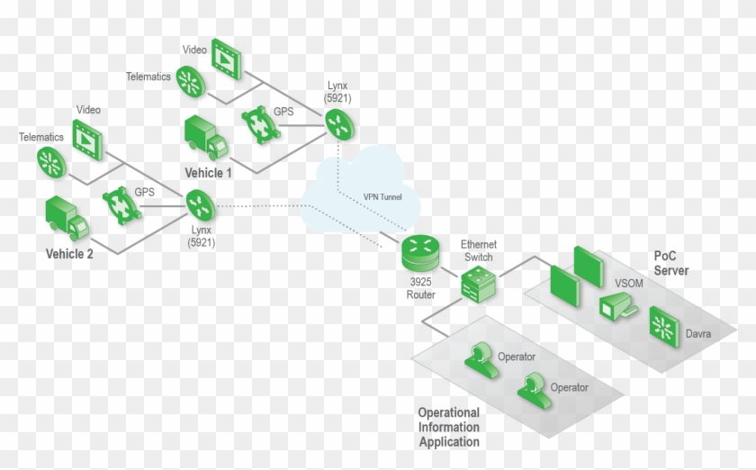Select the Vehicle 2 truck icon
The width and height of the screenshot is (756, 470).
pos(67,217)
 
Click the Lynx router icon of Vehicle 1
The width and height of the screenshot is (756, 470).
pos(336,122)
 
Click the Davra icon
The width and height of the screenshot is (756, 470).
pos(666,327)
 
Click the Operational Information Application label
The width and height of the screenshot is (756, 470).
pos(448,427)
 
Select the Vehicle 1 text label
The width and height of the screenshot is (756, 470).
pos(208,172)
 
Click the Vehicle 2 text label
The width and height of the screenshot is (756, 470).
pos(69,253)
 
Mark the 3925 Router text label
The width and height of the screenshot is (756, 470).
pos(420,288)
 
